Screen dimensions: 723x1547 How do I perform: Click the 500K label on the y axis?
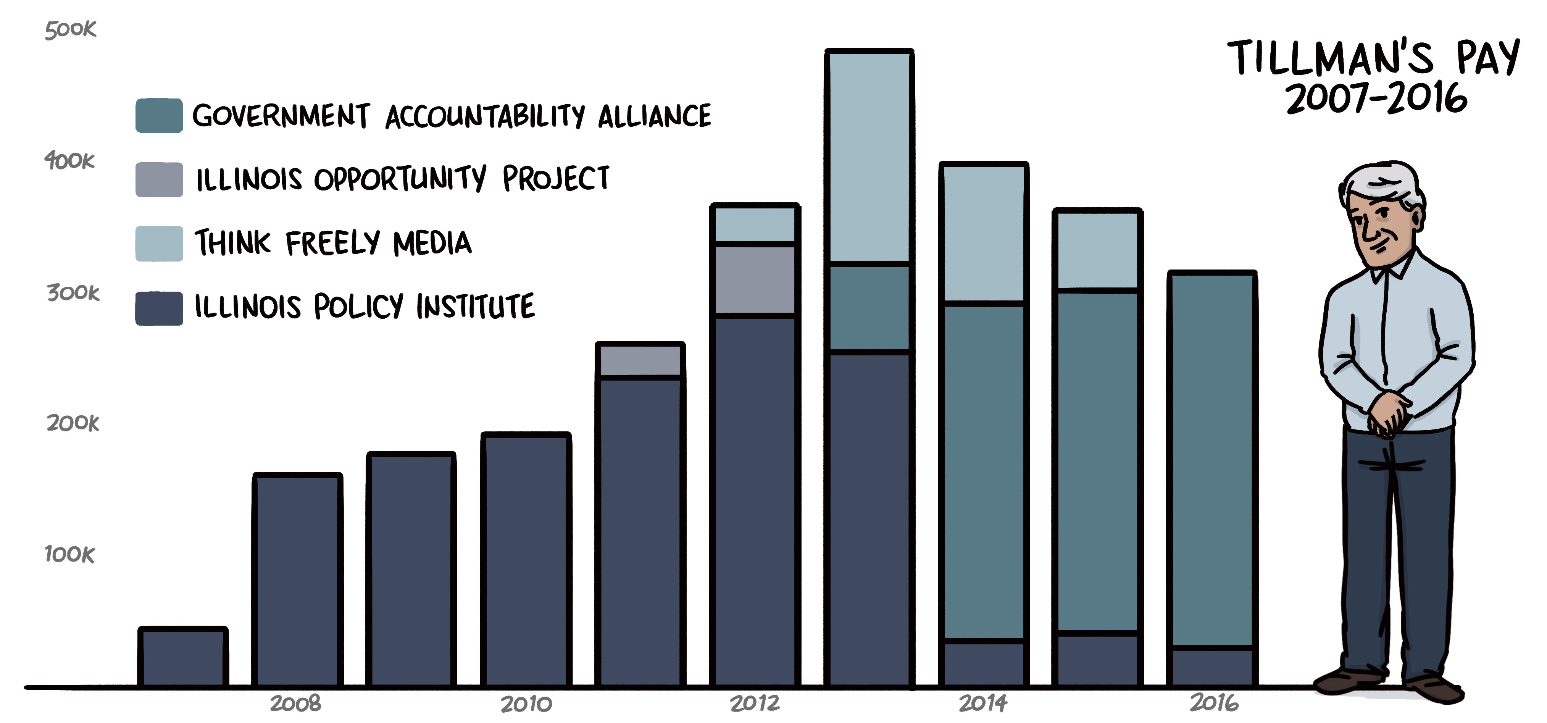coord(70,29)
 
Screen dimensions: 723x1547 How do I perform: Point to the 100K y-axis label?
coord(70,554)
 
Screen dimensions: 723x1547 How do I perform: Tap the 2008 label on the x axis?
coord(295,703)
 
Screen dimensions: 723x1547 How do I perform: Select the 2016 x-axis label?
coord(1214,703)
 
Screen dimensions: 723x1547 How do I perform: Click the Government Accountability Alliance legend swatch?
coord(159,115)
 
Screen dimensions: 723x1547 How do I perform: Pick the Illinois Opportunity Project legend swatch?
coord(159,179)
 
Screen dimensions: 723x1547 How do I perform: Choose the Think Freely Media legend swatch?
coord(159,243)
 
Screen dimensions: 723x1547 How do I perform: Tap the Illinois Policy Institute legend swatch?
coord(159,308)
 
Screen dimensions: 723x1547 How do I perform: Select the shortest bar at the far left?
coord(183,658)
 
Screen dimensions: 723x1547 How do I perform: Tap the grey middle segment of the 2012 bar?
coord(755,279)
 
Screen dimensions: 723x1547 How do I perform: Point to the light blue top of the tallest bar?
coord(869,157)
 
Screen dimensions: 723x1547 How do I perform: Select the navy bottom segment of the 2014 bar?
coord(984,663)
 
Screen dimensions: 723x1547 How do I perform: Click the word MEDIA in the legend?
coord(432,243)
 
